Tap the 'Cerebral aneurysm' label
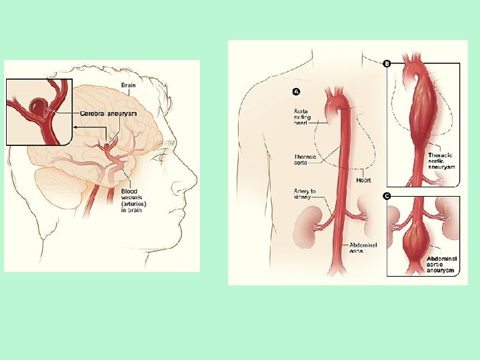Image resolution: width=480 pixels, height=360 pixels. click(109, 113)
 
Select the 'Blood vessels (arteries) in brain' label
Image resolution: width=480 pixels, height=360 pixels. click(133, 201)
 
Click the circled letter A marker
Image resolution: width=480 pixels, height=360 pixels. click(296, 91)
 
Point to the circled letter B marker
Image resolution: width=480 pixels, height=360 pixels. click(387, 63)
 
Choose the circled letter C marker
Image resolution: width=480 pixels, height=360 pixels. click(387, 196)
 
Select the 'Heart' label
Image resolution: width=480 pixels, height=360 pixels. click(363, 180)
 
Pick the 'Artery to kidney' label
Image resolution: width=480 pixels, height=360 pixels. click(305, 195)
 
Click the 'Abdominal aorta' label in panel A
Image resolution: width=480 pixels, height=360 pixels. click(363, 248)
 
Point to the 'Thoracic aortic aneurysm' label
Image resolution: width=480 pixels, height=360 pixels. click(441, 160)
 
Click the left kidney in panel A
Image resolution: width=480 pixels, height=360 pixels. click(311, 225)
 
